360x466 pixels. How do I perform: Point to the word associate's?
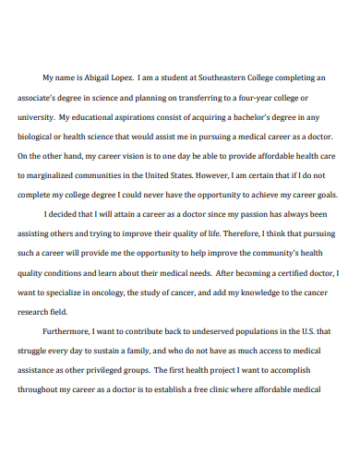[x=38, y=99]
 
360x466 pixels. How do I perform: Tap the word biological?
[x=38, y=137]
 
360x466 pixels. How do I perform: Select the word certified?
[x=291, y=273]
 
